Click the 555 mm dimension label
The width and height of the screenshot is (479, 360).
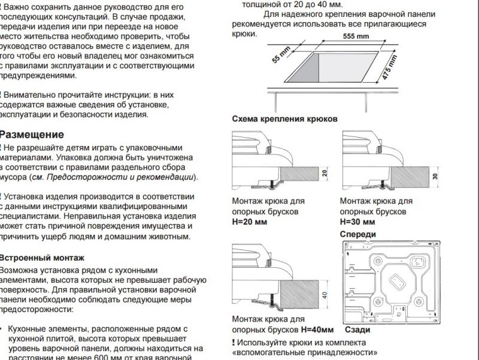click(356, 37)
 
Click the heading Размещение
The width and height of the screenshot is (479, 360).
click(31, 135)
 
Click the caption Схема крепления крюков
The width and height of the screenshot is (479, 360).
click(284, 119)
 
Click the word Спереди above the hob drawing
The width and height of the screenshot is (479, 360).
click(357, 234)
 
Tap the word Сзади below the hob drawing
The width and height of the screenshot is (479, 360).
click(357, 329)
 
